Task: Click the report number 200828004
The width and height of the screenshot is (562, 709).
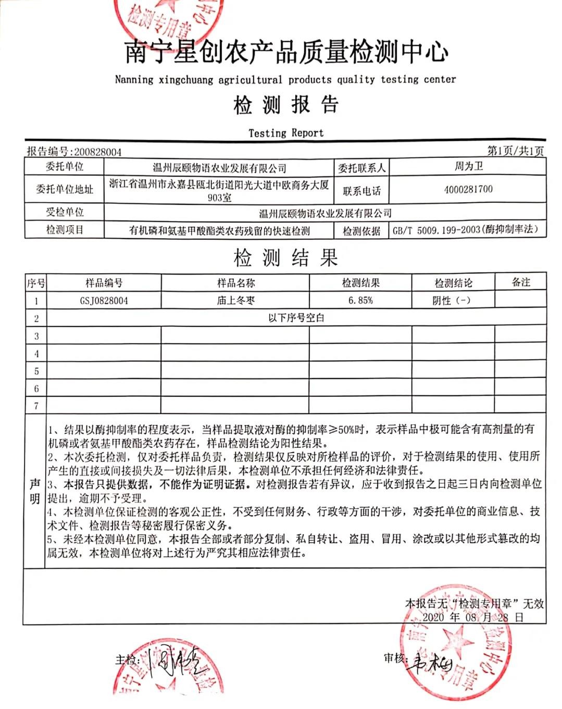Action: click(98, 152)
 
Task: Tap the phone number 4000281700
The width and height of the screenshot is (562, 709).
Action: click(468, 189)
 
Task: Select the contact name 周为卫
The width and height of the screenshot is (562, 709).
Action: click(468, 166)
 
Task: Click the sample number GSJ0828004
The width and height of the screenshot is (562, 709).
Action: click(104, 301)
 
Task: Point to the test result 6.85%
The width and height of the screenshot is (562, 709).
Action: click(360, 301)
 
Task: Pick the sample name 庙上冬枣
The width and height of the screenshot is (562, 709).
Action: click(235, 301)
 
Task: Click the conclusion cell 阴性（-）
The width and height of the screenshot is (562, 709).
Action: click(452, 301)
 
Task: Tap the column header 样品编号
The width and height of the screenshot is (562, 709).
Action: click(104, 283)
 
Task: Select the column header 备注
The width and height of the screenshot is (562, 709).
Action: click(520, 282)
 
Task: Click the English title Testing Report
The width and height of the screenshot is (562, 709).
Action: click(286, 133)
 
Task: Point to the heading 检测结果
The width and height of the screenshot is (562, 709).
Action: click(286, 258)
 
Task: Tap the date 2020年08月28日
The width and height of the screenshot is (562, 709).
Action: click(472, 617)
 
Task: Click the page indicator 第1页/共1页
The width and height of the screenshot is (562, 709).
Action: click(515, 151)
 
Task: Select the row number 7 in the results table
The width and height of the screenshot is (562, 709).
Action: click(36, 406)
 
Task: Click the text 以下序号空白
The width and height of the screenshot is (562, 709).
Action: click(296, 318)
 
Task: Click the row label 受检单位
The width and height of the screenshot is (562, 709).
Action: click(65, 212)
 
